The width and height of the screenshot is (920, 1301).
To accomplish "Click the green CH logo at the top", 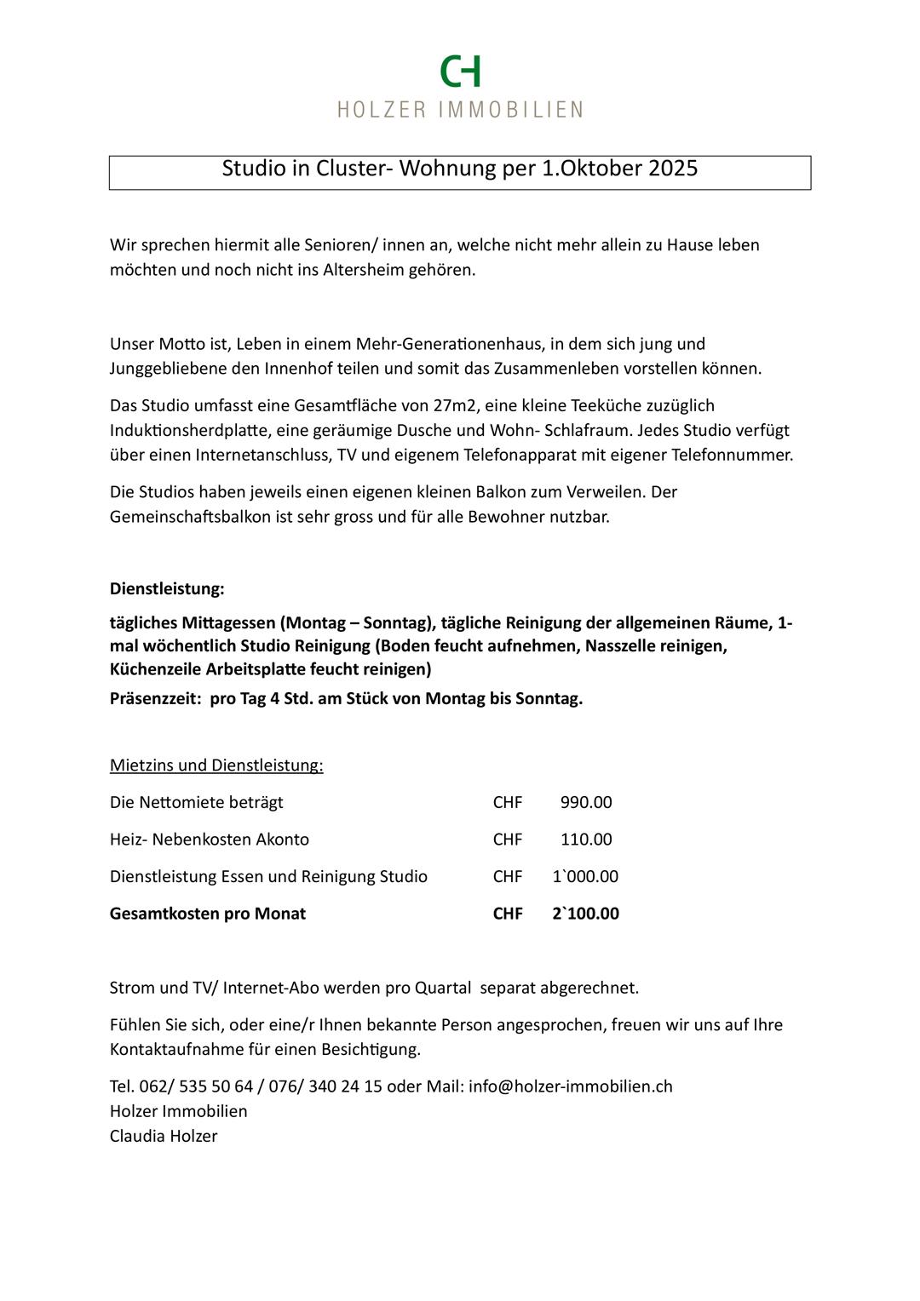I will [x=460, y=72].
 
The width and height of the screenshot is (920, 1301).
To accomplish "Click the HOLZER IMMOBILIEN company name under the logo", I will [x=460, y=110].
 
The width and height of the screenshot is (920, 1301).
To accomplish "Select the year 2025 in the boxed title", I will [x=673, y=169].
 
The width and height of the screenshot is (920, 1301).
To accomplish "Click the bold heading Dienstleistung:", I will [x=167, y=588].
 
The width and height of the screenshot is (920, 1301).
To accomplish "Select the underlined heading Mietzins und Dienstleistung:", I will [x=216, y=765].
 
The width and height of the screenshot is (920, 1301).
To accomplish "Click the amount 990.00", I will [x=586, y=803].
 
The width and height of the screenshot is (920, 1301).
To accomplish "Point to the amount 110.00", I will [x=586, y=840].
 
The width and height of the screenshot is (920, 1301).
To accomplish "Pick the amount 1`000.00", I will [x=585, y=877].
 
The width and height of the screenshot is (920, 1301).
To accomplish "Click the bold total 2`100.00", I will [x=585, y=914].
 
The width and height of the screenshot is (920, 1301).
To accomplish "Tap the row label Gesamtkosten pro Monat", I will [x=208, y=914].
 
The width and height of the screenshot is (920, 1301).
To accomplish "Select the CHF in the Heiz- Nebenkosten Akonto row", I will [x=508, y=840].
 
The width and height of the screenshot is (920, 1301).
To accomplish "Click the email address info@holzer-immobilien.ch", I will [x=571, y=1087].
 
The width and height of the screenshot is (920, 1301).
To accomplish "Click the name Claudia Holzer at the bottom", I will [x=164, y=1137].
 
